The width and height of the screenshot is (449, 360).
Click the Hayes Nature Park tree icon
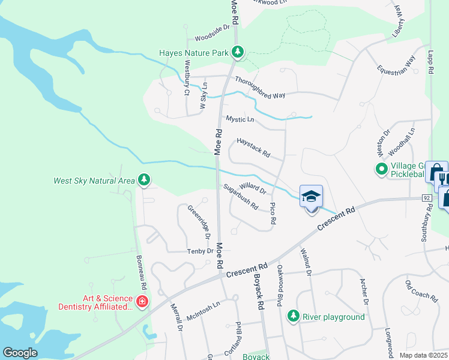click(238, 53)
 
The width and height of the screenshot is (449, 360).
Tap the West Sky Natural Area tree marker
click(143, 179)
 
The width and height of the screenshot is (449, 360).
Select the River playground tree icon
click(293, 316)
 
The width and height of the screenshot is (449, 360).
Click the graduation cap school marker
click(311, 197)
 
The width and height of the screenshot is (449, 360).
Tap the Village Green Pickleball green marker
click(381, 169)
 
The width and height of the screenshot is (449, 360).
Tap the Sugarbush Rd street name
click(240, 196)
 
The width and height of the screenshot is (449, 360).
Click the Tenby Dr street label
click(200, 251)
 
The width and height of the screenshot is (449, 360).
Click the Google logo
click(20, 352)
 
